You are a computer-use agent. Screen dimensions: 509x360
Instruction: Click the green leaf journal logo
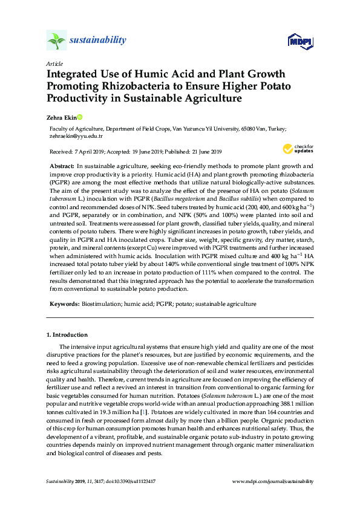(x=56, y=41)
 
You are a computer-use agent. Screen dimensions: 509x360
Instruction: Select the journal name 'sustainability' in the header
(x=98, y=41)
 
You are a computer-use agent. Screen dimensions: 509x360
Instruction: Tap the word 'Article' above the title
(x=54, y=63)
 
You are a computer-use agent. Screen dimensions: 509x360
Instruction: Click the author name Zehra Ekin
(x=62, y=117)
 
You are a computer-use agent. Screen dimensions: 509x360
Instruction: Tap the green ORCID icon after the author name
(x=79, y=117)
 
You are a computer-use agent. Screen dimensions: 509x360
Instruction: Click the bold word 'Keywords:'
(x=64, y=304)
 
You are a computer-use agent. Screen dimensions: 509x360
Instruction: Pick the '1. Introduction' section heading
(x=67, y=334)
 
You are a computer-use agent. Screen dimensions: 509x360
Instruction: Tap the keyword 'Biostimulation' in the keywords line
(x=101, y=304)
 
